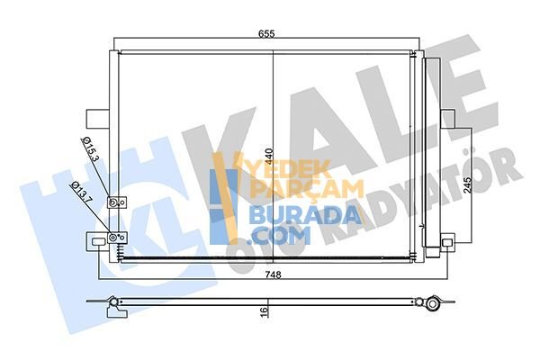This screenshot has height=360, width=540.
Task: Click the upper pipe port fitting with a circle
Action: pyautogui.click(x=112, y=203)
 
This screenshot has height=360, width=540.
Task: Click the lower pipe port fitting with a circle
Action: pyautogui.click(x=113, y=238)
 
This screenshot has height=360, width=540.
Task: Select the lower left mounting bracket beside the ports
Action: pyautogui.click(x=95, y=240)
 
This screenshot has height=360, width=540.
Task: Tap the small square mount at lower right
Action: pyautogui.click(x=447, y=240)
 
